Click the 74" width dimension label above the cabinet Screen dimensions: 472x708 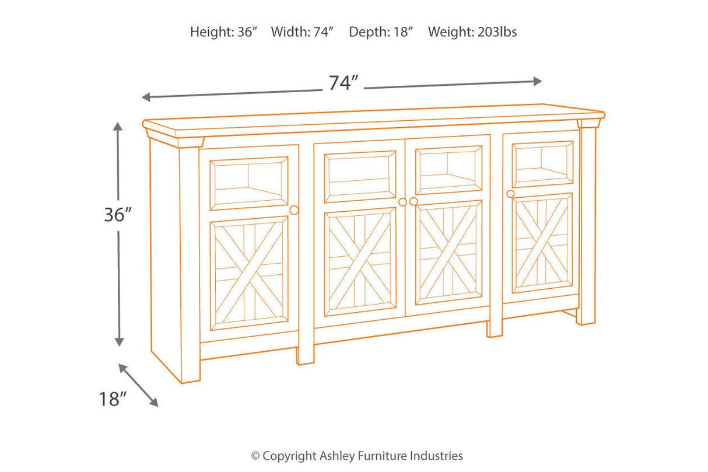point(342,83)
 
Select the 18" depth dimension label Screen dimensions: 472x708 point(113,399)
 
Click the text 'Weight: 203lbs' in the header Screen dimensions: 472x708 point(472,32)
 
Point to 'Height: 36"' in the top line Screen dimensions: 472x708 point(224,32)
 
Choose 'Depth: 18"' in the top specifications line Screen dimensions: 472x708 point(381,32)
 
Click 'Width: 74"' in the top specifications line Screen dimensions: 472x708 point(302,32)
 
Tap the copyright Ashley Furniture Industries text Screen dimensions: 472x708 point(357,456)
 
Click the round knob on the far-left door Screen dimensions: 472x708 point(294,210)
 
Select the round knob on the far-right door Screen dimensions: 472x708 point(511,194)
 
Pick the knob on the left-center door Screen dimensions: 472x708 point(402,202)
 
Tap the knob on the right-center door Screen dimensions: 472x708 point(413,201)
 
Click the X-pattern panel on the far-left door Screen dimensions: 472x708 point(250,273)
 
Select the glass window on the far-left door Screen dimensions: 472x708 point(250,183)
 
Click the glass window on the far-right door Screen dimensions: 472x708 point(543,164)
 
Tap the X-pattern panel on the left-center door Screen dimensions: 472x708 point(360,261)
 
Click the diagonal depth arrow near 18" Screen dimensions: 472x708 point(138,384)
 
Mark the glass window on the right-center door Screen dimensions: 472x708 point(448,170)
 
